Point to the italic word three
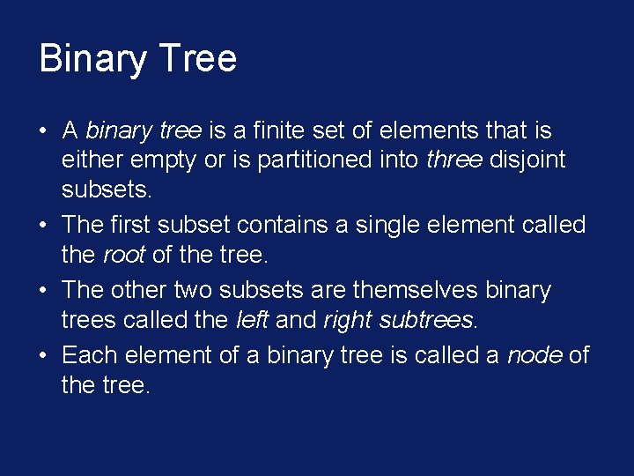453,160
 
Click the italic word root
124,256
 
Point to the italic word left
253,320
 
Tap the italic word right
346,321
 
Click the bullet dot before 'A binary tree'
43,132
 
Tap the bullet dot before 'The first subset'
43,227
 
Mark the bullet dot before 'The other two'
43,292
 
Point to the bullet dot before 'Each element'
43,357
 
